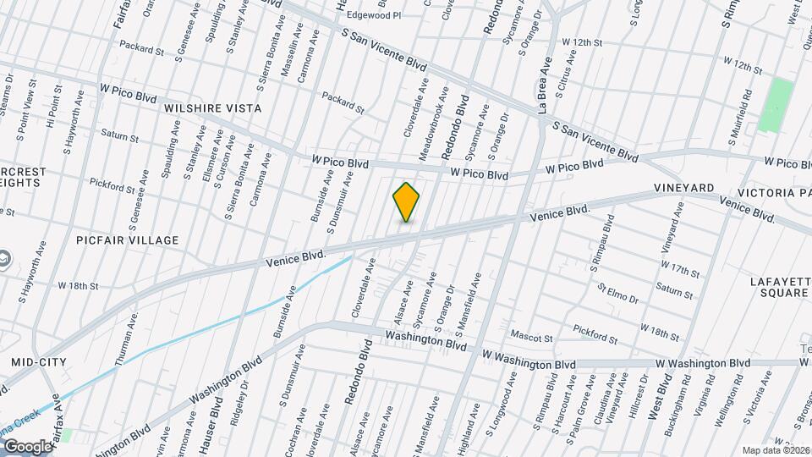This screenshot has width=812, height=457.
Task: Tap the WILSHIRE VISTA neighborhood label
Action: coord(212,108)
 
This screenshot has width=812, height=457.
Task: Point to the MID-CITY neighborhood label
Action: coord(38,362)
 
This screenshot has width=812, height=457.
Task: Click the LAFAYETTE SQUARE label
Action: coord(779,287)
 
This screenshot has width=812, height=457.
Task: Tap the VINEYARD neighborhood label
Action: coord(683,187)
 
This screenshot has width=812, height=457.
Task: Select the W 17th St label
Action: coord(681,271)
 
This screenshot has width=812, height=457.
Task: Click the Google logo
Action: coord(27,445)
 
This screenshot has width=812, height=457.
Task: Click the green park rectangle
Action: coord(776,105)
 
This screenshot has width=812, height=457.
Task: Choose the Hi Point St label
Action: coord(52,106)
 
